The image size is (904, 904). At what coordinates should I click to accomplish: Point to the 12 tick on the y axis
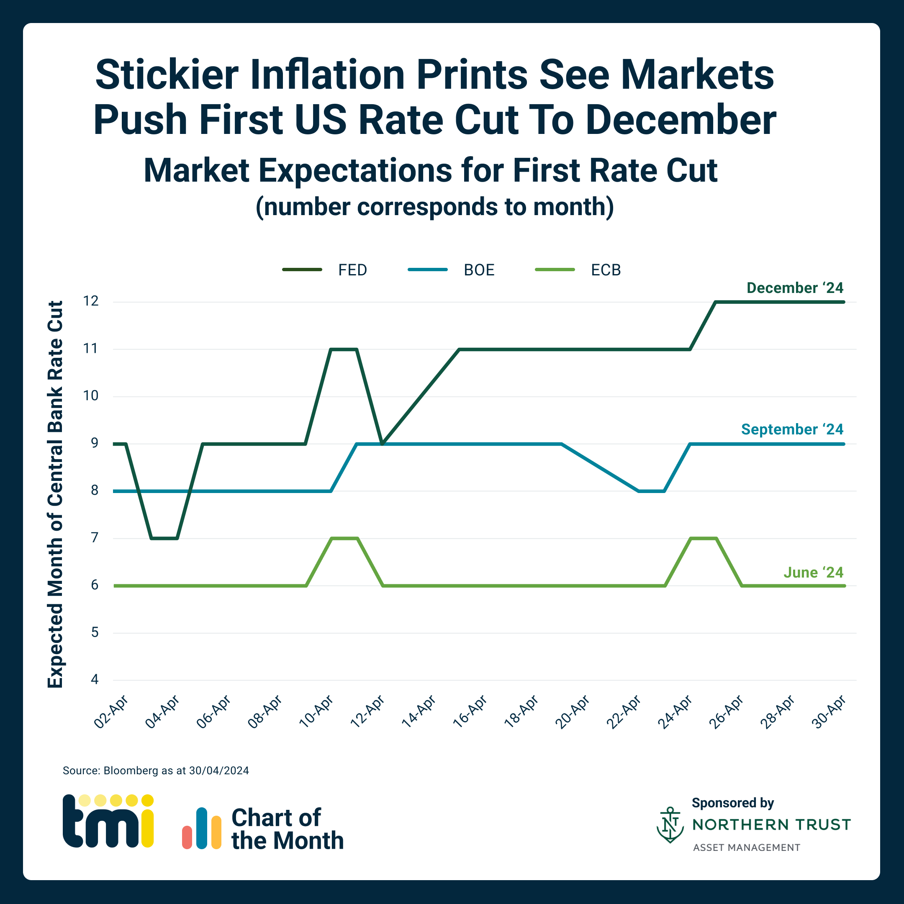pos(91,301)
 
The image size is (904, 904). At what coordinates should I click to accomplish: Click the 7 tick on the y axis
pos(95,538)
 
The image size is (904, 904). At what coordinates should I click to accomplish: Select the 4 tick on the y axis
pos(95,679)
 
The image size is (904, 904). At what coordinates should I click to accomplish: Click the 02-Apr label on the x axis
pos(111,711)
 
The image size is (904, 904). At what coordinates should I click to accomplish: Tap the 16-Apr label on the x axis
pos(470,711)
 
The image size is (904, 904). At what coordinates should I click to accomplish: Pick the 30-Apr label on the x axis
pos(828,711)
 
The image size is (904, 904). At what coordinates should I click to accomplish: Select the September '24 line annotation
pos(792,429)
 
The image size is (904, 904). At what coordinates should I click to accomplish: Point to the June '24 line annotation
pos(813,572)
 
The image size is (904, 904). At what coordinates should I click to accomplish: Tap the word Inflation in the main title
pos(328,75)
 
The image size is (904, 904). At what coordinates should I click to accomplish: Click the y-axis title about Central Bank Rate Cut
pos(55,494)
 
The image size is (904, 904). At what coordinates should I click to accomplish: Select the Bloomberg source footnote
pos(156,770)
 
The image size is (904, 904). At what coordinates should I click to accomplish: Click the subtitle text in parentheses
pos(434,206)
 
